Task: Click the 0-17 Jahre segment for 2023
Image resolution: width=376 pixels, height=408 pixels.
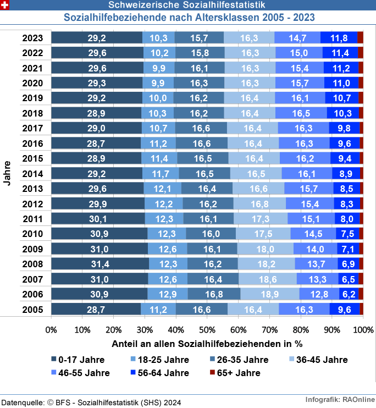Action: (x=97, y=38)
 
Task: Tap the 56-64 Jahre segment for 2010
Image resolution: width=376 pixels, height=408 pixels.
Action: (x=347, y=234)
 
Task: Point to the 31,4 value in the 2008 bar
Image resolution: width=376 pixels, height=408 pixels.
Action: (x=100, y=264)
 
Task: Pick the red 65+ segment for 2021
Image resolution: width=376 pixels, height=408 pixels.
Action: (x=361, y=68)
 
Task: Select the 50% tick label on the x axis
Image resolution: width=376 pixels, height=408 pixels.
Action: (x=207, y=330)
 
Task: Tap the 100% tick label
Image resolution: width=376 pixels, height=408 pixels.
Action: (x=363, y=330)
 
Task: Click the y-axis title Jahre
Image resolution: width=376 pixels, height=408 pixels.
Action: (x=7, y=174)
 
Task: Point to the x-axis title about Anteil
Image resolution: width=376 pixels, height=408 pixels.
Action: (x=207, y=345)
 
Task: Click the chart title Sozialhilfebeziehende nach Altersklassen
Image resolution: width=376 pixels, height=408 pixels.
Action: (x=189, y=17)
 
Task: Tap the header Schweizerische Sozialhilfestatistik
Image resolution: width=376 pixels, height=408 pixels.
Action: (x=189, y=5)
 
